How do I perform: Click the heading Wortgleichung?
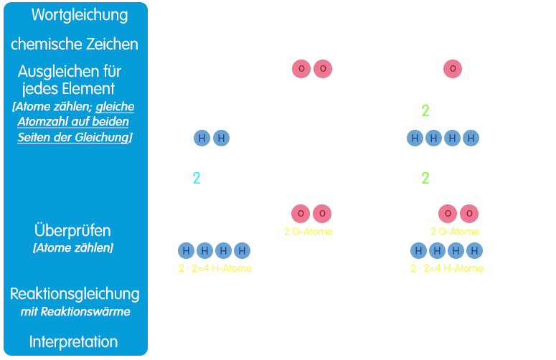click(x=75, y=15)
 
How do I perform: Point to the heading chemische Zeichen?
click(x=75, y=44)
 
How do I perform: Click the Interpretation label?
click(x=74, y=341)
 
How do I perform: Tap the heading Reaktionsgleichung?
click(x=75, y=293)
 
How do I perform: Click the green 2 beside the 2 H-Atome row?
click(x=425, y=111)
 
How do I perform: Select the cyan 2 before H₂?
click(x=197, y=178)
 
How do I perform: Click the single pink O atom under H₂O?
click(x=453, y=69)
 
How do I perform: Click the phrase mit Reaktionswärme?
click(x=74, y=312)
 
